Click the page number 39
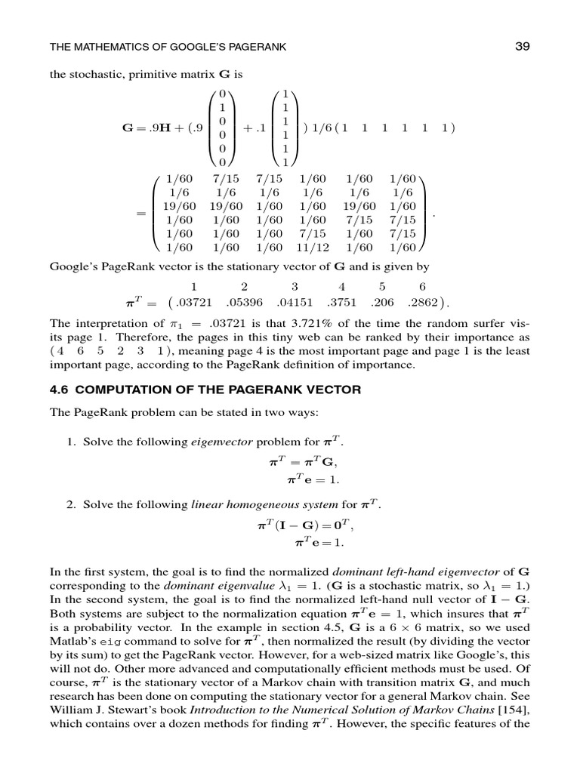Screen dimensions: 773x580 523,47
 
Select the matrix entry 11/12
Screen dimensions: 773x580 311,247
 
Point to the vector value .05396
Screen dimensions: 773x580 243,303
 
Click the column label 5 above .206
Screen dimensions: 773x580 382,287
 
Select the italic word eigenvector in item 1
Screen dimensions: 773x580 215,441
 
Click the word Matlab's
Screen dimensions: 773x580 72,642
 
